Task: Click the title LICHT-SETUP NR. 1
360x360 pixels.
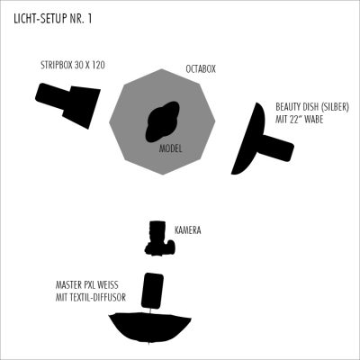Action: pos(53,19)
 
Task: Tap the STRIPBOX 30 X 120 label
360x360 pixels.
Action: pos(73,65)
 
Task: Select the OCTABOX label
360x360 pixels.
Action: pos(201,69)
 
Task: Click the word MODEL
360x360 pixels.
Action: pos(170,148)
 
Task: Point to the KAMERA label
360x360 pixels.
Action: pos(188,230)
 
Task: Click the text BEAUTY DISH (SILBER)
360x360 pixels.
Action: pos(312,107)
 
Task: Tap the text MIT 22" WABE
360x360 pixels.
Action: pos(299,120)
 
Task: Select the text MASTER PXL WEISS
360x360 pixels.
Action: pos(87,284)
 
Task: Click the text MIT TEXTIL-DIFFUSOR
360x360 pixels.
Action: pos(91,297)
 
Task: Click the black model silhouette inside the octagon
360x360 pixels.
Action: pos(162,121)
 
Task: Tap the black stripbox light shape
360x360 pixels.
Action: pos(68,105)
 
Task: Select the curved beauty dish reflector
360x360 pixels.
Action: pos(249,139)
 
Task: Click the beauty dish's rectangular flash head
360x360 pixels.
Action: pos(277,148)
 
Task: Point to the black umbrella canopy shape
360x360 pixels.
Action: pos(149,326)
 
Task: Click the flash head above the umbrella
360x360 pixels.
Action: pos(152,291)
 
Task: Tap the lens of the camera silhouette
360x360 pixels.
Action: pos(157,230)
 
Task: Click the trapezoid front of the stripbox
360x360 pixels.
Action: pos(81,107)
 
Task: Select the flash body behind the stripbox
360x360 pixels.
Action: pos(53,96)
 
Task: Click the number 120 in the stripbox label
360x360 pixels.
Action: pos(98,65)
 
